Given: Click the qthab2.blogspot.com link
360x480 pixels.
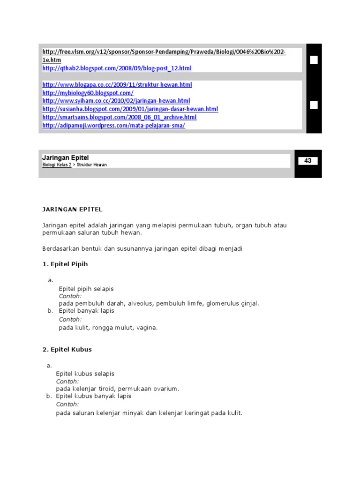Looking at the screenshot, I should click(x=117, y=68).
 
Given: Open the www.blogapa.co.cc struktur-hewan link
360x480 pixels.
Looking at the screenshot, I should click(x=117, y=85).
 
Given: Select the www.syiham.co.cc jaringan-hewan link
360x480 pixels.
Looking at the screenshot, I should click(x=116, y=101).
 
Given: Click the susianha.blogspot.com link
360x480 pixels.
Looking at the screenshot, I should click(x=130, y=109).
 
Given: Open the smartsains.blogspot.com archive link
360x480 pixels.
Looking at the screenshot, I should click(x=119, y=117).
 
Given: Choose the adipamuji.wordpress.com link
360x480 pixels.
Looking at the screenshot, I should click(x=113, y=126).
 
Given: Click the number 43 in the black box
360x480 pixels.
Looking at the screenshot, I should click(x=308, y=161).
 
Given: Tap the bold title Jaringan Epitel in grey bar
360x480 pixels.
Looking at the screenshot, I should click(x=65, y=158).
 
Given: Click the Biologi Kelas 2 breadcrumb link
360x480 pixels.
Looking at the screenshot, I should click(x=57, y=165).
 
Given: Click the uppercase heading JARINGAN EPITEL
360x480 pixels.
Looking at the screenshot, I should click(x=72, y=209).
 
